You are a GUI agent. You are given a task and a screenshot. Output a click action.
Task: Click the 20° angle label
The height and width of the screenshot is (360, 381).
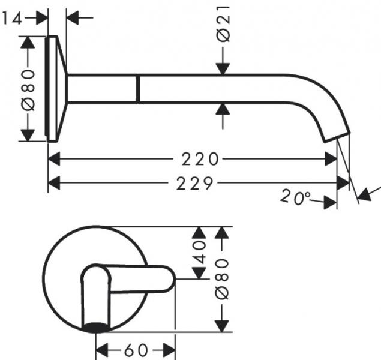tap(294, 197)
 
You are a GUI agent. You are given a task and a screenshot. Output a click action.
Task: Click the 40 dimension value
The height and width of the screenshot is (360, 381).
tap(199, 253)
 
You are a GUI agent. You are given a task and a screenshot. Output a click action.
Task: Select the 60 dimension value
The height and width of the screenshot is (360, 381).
tap(136, 349)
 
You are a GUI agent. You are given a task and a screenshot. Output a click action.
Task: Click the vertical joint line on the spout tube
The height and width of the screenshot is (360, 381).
tap(137, 89)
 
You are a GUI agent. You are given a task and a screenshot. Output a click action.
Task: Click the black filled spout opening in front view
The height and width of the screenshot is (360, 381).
tap(96, 327)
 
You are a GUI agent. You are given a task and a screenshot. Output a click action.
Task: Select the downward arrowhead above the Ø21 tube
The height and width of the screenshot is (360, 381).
tap(223, 68)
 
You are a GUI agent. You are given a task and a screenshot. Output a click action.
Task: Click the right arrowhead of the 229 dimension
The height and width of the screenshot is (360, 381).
tap(343, 183)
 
